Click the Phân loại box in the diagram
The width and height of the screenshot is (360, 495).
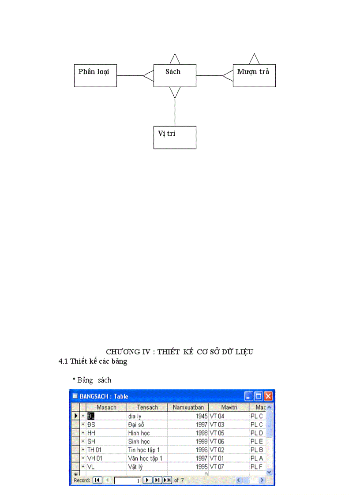(95, 75)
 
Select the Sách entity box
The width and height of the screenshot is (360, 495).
(175, 75)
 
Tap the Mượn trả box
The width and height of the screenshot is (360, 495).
(254, 75)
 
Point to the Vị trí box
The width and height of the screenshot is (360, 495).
(175, 137)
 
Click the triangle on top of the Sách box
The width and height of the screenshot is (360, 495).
(175, 60)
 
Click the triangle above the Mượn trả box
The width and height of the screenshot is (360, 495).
(254, 60)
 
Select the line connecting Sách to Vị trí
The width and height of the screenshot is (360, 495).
(175, 112)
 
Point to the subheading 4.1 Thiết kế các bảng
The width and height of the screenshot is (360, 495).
(93, 361)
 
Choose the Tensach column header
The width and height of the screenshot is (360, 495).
(147, 407)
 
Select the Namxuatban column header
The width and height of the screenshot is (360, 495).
(188, 407)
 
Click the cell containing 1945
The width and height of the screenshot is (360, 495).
(188, 416)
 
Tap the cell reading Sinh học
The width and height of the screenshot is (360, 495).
(147, 441)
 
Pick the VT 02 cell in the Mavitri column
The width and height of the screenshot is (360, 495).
(229, 450)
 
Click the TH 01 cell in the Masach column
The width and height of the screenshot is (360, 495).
(106, 450)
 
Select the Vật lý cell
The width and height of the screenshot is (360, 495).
(147, 466)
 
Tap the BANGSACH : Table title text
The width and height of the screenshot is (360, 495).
(104, 396)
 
